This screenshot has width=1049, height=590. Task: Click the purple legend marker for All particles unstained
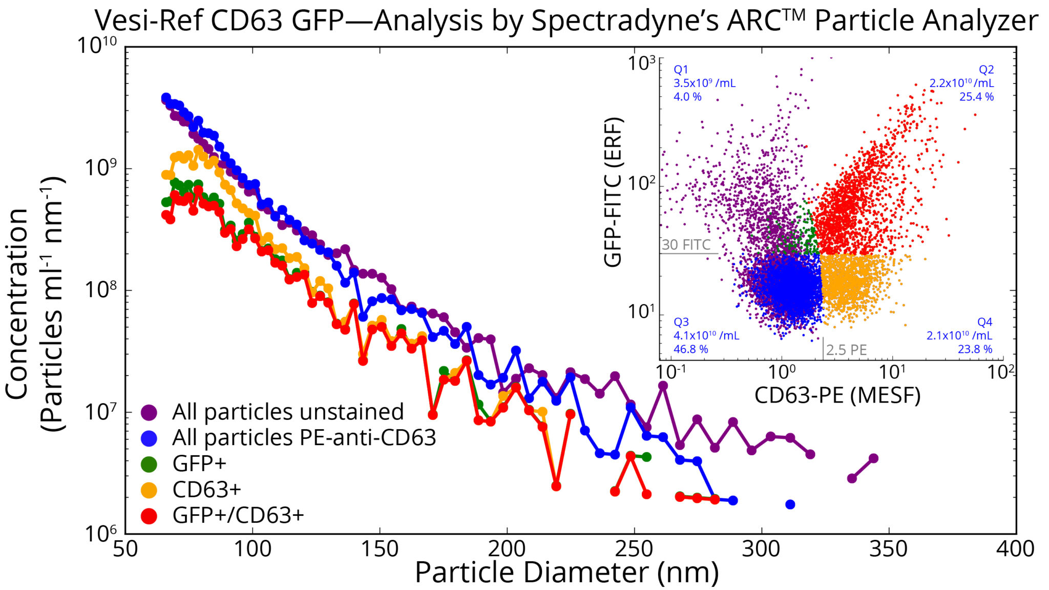pyautogui.click(x=149, y=412)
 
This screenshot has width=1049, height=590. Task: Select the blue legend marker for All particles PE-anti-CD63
pyautogui.click(x=149, y=438)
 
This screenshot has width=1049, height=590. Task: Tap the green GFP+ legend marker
pyautogui.click(x=149, y=464)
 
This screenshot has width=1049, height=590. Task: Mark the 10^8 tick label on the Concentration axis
pyautogui.click(x=100, y=290)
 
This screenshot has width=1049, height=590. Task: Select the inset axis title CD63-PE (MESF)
pyautogui.click(x=837, y=396)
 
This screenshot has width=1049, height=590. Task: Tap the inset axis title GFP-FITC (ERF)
pyautogui.click(x=613, y=192)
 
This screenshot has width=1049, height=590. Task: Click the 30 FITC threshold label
pyautogui.click(x=686, y=245)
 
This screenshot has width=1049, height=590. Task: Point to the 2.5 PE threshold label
pyautogui.click(x=846, y=350)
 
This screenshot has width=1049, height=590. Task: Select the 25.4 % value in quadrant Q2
pyautogui.click(x=976, y=97)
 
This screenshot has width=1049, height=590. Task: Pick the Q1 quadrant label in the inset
pyautogui.click(x=681, y=70)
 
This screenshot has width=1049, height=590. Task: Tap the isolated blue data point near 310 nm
pyautogui.click(x=790, y=504)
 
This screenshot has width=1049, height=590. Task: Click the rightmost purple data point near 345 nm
pyautogui.click(x=873, y=458)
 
